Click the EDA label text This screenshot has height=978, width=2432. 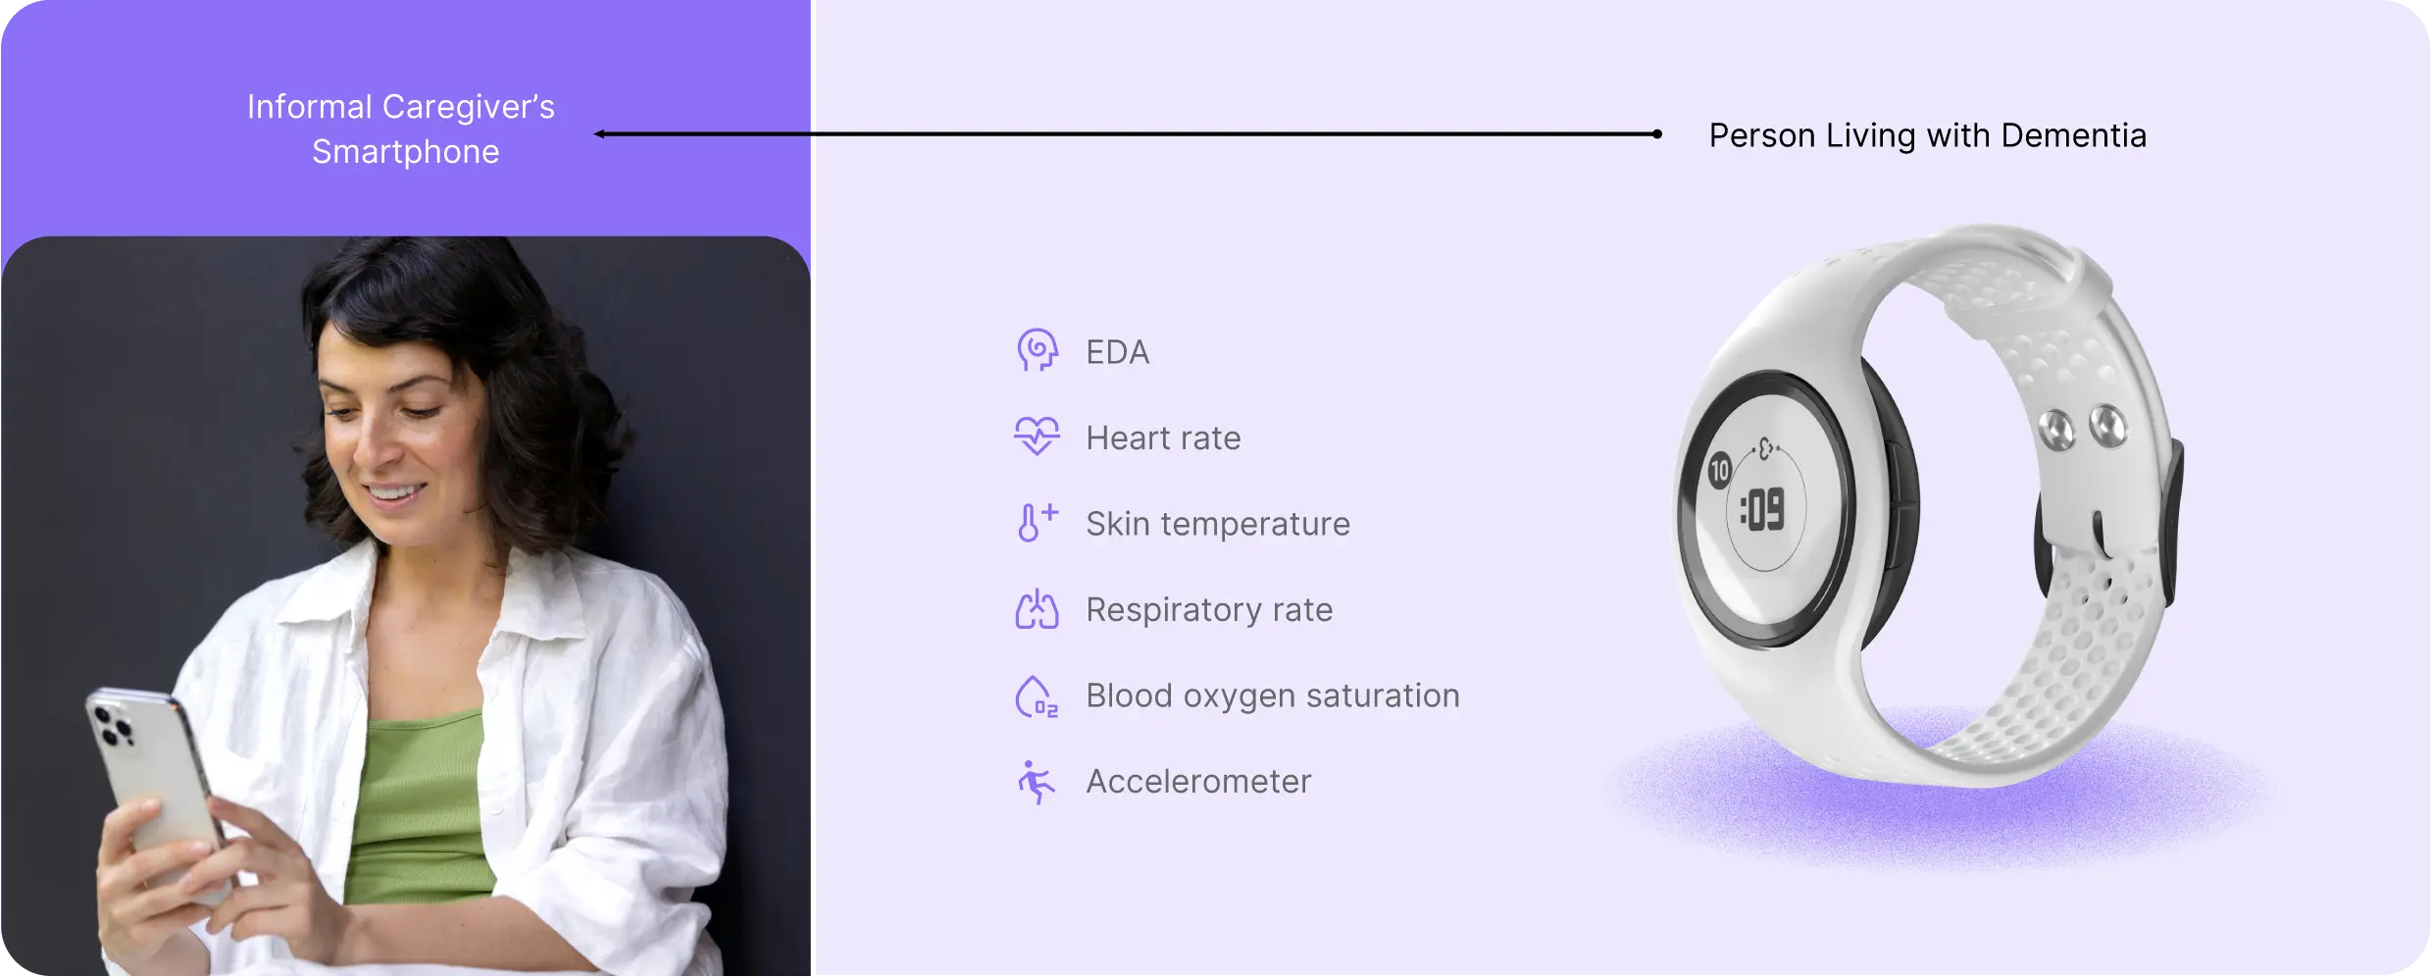(1117, 352)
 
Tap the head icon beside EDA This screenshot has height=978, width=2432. (1037, 350)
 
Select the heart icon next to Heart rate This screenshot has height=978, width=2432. (1037, 436)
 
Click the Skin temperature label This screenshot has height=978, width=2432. (1218, 524)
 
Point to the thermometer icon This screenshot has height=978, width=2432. (1037, 522)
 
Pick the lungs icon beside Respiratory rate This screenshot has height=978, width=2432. (1037, 608)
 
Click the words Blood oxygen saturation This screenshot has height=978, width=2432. (1273, 695)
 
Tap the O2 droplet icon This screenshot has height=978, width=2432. (1037, 696)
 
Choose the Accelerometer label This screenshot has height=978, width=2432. (1198, 781)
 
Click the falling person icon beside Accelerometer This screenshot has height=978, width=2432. (1035, 782)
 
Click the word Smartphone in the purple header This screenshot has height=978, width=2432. (405, 152)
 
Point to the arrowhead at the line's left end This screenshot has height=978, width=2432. (599, 134)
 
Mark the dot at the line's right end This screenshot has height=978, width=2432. (1657, 134)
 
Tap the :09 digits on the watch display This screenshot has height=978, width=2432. (1763, 510)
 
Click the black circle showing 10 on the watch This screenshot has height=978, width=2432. (1719, 471)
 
